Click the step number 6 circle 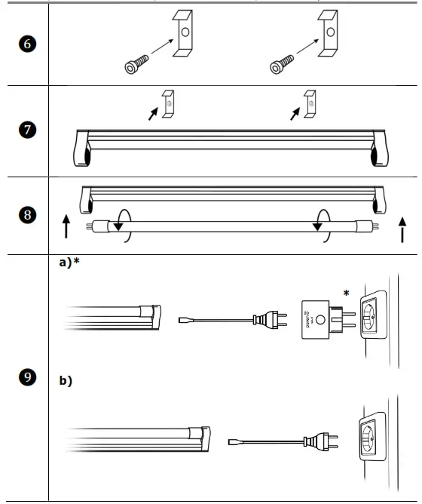tap(25, 45)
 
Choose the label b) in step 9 tap(66, 381)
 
